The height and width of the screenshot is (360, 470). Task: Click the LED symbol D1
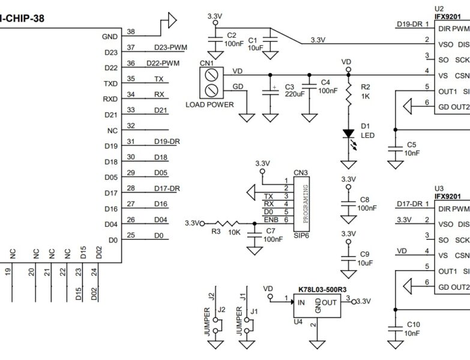pyautogui.click(x=348, y=134)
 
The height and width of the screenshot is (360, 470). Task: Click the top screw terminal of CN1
pyautogui.click(x=211, y=75)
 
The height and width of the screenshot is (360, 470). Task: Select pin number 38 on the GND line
pyautogui.click(x=131, y=32)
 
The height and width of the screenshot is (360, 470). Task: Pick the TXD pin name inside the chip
pyautogui.click(x=110, y=83)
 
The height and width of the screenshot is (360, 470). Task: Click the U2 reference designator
pyautogui.click(x=439, y=9)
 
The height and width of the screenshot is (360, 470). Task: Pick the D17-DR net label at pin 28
pyautogui.click(x=166, y=188)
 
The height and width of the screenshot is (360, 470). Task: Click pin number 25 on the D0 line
pyautogui.click(x=131, y=235)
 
